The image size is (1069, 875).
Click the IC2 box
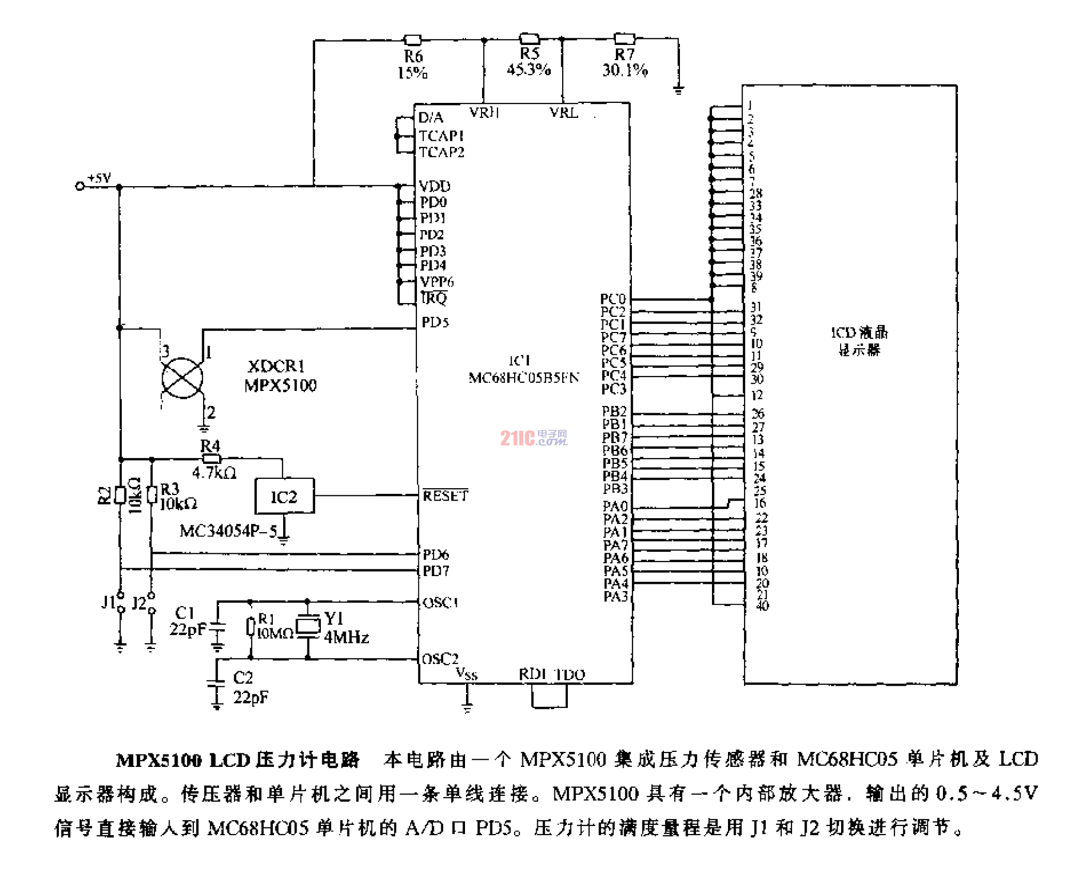[284, 496]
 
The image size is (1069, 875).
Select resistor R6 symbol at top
[412, 40]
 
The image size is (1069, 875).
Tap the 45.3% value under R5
[529, 69]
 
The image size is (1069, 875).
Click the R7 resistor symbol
[624, 39]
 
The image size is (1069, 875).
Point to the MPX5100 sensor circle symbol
[182, 378]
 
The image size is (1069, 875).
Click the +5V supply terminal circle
[80, 186]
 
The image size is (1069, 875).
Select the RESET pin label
[445, 496]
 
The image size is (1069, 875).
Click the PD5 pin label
[435, 322]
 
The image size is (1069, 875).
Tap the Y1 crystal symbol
[308, 626]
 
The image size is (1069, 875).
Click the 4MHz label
[346, 637]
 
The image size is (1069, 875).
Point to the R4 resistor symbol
[211, 459]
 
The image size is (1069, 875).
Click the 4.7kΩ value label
[214, 473]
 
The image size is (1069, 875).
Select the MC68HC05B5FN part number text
[523, 378]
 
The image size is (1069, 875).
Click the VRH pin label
[484, 112]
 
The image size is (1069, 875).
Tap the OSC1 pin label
[440, 602]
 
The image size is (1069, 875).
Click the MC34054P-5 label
[228, 531]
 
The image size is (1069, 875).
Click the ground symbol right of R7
[678, 90]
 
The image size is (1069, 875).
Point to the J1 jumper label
[109, 602]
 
